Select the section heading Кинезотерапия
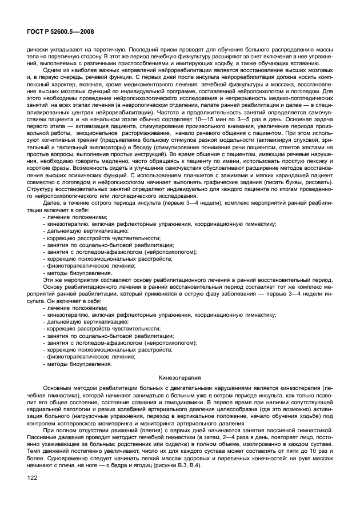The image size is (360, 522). [x=179, y=378]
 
